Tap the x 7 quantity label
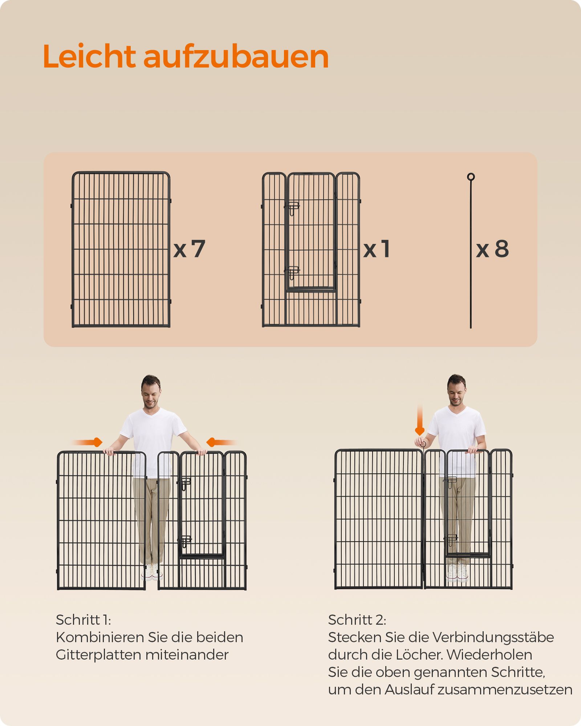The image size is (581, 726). pos(189,249)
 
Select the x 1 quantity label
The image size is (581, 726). pos(377,249)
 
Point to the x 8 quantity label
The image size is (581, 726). pos(492,249)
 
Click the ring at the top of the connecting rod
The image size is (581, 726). pos(471,177)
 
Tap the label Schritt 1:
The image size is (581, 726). pos(83,620)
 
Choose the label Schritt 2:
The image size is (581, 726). pos(357,620)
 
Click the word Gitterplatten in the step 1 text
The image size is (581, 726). pos(98,655)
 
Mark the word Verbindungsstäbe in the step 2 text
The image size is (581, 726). pos(493,637)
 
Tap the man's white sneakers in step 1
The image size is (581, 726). pos(151,572)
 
